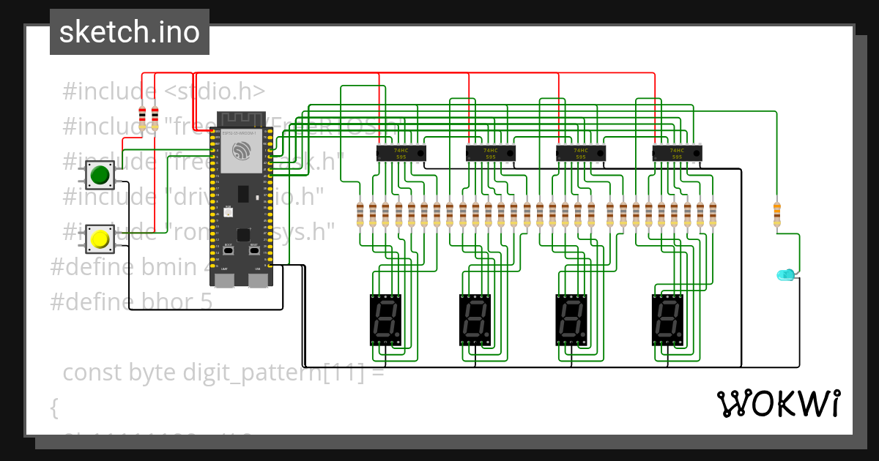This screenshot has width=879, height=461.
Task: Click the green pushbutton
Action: (x=99, y=175)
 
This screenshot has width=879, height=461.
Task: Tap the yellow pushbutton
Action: (x=99, y=239)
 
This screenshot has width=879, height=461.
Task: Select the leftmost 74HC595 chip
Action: (x=401, y=152)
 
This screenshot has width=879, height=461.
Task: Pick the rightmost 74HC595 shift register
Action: (x=678, y=152)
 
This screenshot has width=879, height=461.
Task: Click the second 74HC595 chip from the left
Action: (x=491, y=152)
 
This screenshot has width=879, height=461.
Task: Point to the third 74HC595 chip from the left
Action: (x=581, y=152)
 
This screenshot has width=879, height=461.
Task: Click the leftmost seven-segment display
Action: (x=385, y=320)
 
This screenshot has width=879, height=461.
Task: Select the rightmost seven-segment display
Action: (x=667, y=320)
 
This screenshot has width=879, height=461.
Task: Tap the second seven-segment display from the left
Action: (x=475, y=320)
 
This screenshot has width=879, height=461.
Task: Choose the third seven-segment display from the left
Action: (x=571, y=320)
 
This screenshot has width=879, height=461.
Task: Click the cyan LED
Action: (x=785, y=275)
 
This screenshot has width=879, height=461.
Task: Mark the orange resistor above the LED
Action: (x=776, y=215)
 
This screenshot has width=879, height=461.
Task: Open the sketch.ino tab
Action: (x=129, y=32)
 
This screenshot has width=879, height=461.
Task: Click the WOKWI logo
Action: (x=778, y=403)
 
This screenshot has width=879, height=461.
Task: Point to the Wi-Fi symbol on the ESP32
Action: (x=242, y=151)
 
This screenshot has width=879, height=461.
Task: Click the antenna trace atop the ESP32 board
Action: (x=242, y=119)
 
